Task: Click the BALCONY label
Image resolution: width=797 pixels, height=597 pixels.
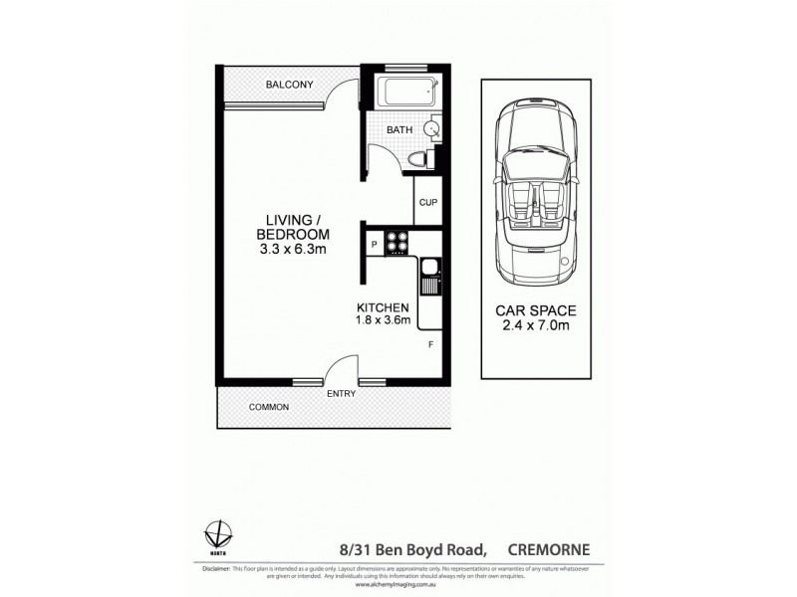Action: [289, 85]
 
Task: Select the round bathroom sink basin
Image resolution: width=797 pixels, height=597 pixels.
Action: [433, 128]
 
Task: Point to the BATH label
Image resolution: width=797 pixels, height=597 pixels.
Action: [398, 129]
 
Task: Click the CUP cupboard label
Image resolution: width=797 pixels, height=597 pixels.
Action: [428, 202]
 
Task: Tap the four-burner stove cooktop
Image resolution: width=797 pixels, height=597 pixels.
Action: [397, 242]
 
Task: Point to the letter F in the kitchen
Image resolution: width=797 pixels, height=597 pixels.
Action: [430, 344]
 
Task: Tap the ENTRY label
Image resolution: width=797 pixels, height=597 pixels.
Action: [342, 394]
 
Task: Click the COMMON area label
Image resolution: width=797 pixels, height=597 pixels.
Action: [269, 407]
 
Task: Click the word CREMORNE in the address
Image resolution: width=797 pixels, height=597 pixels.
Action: [550, 545]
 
